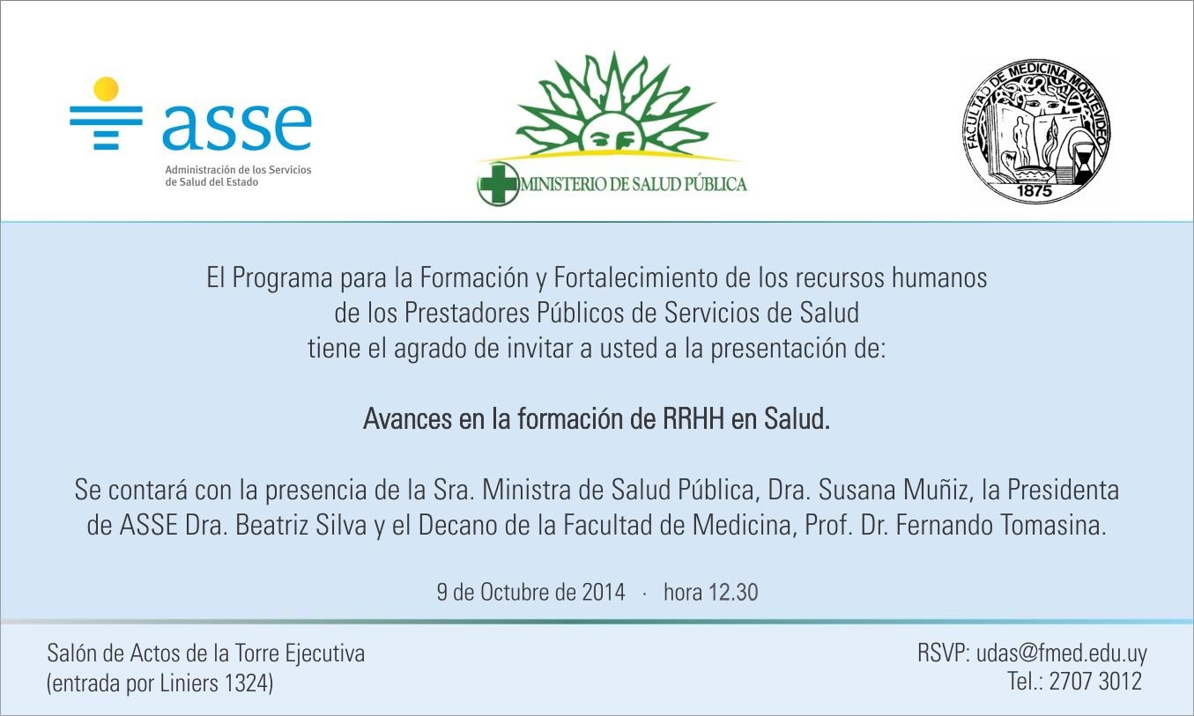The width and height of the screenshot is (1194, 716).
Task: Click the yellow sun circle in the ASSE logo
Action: pyautogui.click(x=106, y=89)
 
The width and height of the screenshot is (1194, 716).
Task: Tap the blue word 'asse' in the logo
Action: pyautogui.click(x=237, y=127)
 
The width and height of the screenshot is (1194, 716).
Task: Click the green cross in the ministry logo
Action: pyautogui.click(x=498, y=184)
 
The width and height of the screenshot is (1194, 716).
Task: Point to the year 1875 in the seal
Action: pyautogui.click(x=1035, y=191)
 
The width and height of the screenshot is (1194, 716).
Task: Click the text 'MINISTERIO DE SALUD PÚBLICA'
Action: pyautogui.click(x=634, y=184)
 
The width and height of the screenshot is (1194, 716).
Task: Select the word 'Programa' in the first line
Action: pyautogui.click(x=283, y=277)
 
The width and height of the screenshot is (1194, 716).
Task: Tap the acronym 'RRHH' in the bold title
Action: pyautogui.click(x=693, y=419)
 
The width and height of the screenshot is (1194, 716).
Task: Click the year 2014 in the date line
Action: pyautogui.click(x=604, y=593)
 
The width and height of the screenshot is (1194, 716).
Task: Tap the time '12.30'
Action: pyautogui.click(x=733, y=593)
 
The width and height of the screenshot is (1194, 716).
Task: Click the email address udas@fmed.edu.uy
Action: pyautogui.click(x=1062, y=653)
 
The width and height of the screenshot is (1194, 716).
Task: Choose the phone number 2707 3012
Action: pyautogui.click(x=1095, y=682)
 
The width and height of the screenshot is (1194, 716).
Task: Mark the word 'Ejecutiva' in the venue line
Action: pyautogui.click(x=325, y=654)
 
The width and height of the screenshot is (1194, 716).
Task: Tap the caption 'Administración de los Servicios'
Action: pyautogui.click(x=238, y=170)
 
